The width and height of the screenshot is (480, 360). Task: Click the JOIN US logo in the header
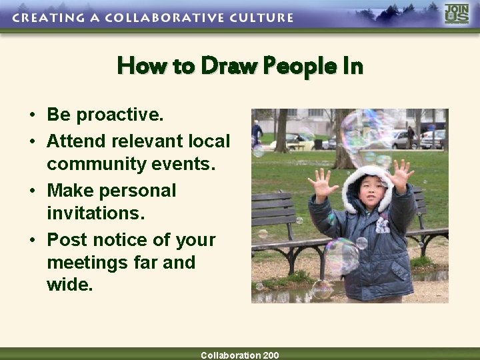(457, 14)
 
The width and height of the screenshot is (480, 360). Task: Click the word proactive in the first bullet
(120, 115)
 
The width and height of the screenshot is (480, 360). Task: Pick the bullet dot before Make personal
(33, 191)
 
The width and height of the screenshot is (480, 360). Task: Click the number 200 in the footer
(271, 355)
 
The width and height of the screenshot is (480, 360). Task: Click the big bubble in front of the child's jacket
(341, 257)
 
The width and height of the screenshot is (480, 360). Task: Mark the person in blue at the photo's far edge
(257, 132)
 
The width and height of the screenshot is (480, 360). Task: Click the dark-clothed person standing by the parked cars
(411, 137)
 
